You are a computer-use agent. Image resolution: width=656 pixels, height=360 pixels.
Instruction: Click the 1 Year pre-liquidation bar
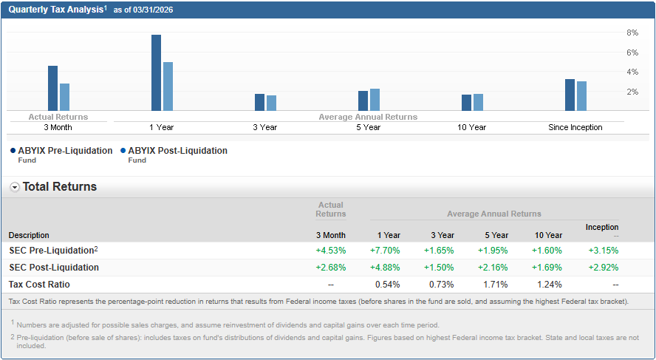pyautogui.click(x=156, y=72)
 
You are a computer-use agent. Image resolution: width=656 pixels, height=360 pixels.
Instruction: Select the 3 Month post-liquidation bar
pyautogui.click(x=64, y=97)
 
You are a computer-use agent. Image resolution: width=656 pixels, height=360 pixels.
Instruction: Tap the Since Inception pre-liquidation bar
pyautogui.click(x=570, y=95)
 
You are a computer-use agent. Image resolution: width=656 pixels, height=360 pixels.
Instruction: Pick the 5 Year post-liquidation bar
pyautogui.click(x=375, y=100)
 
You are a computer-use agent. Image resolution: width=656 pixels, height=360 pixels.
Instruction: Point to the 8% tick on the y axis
pyautogui.click(x=632, y=33)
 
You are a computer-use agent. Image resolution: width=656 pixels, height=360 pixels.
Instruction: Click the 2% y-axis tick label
pyautogui.click(x=632, y=92)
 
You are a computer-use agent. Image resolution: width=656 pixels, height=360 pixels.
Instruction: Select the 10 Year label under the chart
pyautogui.click(x=471, y=127)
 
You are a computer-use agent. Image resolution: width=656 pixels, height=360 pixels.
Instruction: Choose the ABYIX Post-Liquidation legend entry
pyautogui.click(x=177, y=151)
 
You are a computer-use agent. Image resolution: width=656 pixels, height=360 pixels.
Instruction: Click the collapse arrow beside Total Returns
pyautogui.click(x=15, y=187)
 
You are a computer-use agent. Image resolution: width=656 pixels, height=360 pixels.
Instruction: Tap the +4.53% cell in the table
pyautogui.click(x=330, y=251)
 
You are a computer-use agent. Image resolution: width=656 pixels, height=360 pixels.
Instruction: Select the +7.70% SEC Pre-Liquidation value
pyautogui.click(x=385, y=251)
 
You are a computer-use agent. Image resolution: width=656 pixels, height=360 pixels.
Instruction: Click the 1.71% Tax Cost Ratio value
pyautogui.click(x=495, y=285)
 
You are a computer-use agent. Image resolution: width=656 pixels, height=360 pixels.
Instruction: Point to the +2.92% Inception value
pyautogui.click(x=604, y=268)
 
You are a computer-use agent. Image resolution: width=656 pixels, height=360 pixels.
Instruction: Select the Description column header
pyautogui.click(x=29, y=236)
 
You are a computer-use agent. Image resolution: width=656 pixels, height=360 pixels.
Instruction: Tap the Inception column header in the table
pyautogui.click(x=602, y=227)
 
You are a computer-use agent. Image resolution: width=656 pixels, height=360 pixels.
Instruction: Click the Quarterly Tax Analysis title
pyautogui.click(x=55, y=9)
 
